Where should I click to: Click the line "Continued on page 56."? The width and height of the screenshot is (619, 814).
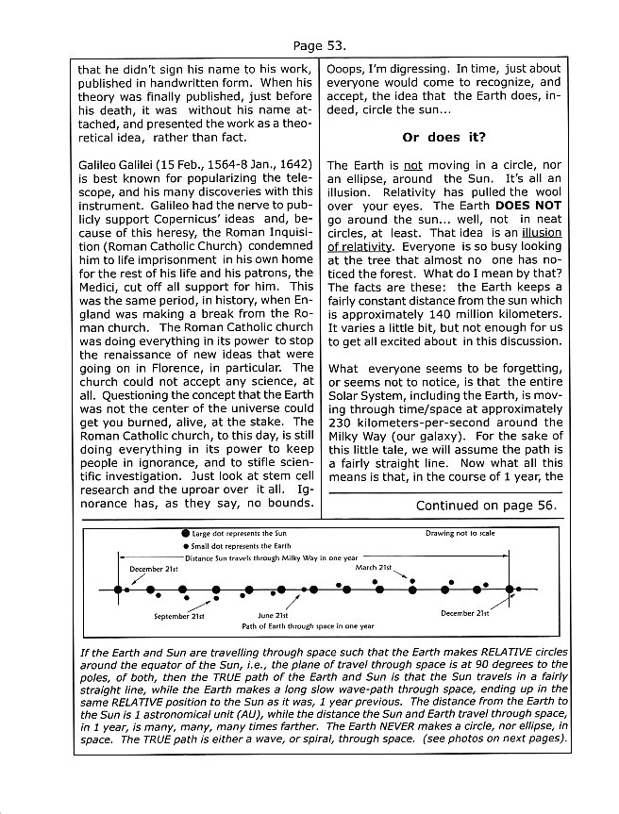point(486,506)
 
